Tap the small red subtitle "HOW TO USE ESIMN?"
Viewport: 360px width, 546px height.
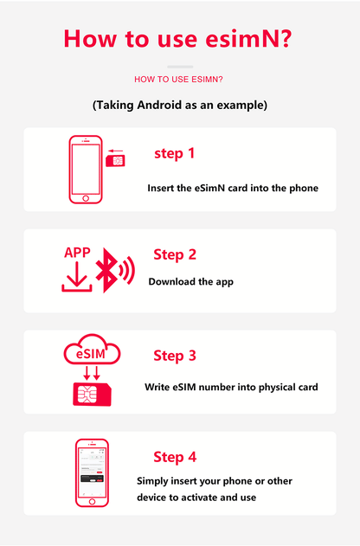coord(179,80)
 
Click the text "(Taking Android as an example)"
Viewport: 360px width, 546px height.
coord(179,105)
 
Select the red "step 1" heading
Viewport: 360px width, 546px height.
coord(174,153)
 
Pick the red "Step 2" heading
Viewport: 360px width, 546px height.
coord(175,254)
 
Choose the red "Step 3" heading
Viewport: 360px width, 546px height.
coord(175,356)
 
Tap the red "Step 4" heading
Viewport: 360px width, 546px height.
coord(175,457)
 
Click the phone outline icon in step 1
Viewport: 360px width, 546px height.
coord(86,169)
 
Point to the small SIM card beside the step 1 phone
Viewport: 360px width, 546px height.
coord(113,161)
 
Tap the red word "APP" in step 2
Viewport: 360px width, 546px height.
coord(77,253)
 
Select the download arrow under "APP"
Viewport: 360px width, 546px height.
coord(76,279)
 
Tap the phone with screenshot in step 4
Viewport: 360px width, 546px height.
coord(92,473)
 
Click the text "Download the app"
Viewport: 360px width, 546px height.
coord(190,281)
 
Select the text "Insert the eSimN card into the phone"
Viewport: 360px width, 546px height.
coord(233,188)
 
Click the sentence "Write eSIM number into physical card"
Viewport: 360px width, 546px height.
coord(231,387)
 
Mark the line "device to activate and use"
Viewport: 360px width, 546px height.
coord(196,498)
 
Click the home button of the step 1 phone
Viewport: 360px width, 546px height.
coord(86,198)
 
